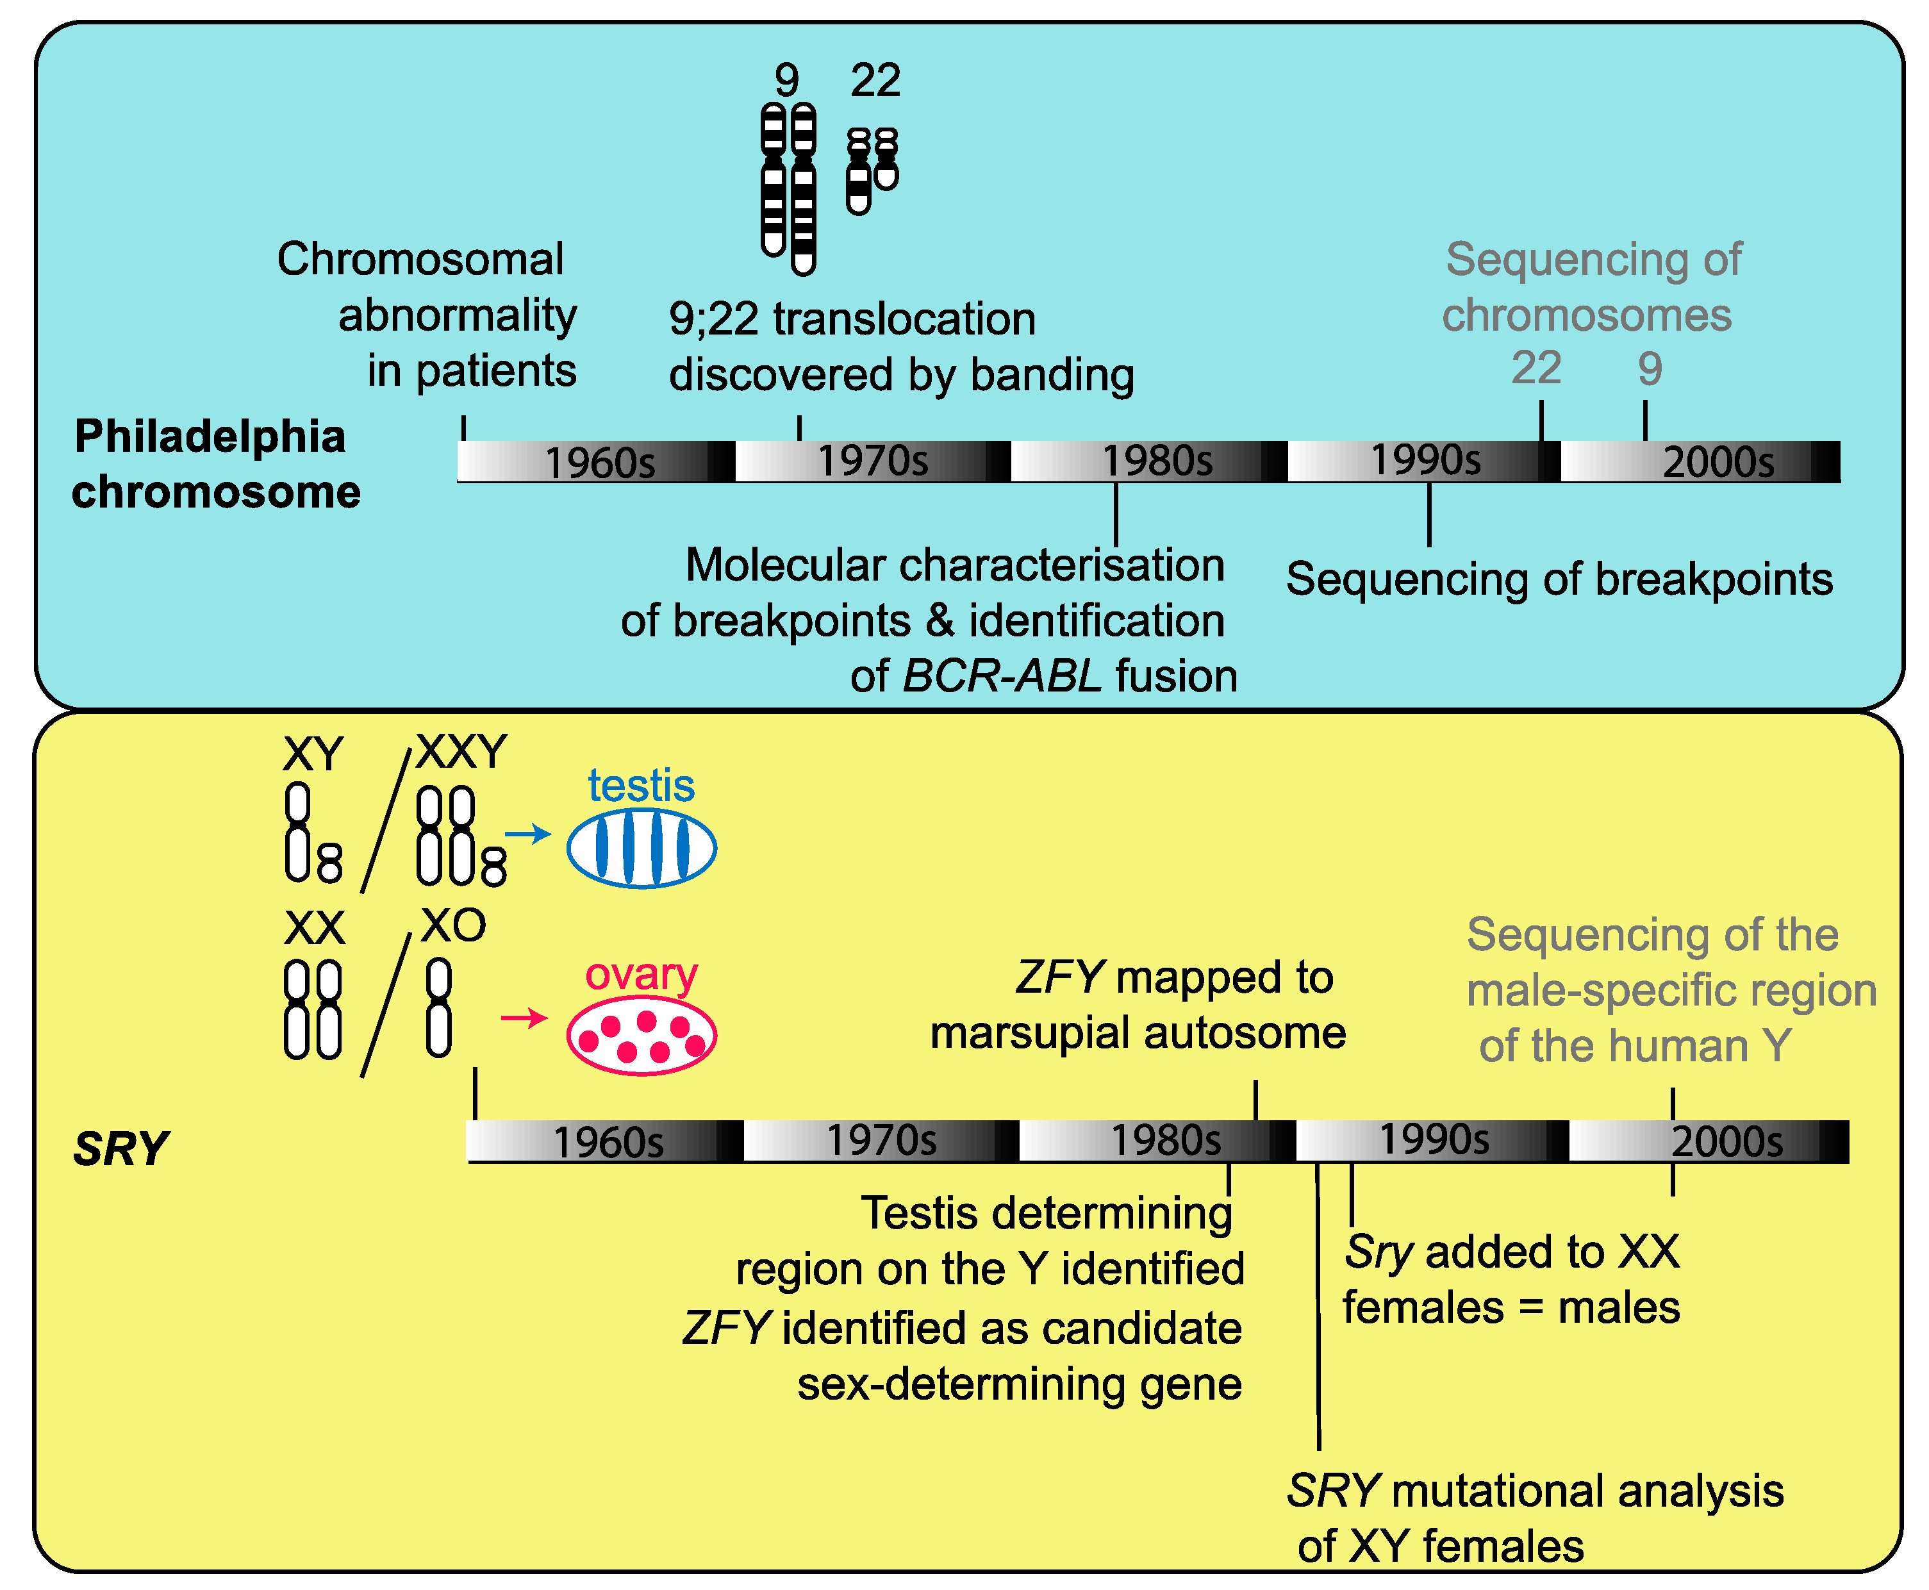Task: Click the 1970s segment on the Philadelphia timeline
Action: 872,461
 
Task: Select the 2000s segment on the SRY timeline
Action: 1709,1141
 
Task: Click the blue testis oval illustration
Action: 641,848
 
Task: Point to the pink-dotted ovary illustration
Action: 641,1036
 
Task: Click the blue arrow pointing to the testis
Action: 527,834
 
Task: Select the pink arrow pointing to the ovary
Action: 524,1018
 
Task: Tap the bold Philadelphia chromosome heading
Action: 215,465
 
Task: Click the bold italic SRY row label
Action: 121,1148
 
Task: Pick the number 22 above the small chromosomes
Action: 875,81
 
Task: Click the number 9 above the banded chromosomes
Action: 786,81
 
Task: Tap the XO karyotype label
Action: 453,926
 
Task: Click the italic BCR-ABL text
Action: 1002,677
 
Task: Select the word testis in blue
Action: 641,786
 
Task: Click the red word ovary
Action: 641,975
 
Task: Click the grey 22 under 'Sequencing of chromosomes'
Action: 1536,369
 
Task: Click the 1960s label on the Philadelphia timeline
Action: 600,463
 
